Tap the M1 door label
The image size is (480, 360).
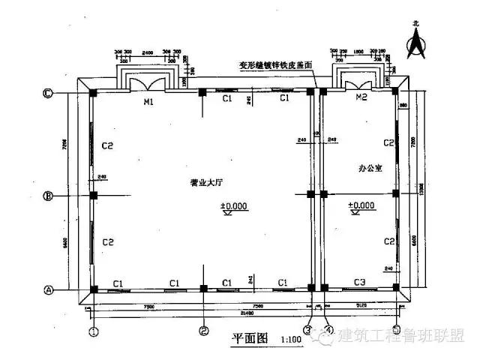pyautogui.click(x=148, y=102)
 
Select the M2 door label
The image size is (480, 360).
pyautogui.click(x=361, y=98)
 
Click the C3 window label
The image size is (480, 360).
pyautogui.click(x=359, y=281)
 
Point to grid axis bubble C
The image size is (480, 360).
pyautogui.click(x=47, y=94)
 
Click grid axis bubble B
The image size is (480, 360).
pyautogui.click(x=47, y=196)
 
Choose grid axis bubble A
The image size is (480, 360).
pyautogui.click(x=47, y=289)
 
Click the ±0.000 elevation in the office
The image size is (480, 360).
pyautogui.click(x=361, y=205)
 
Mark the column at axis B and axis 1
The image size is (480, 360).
pyautogui.click(x=94, y=196)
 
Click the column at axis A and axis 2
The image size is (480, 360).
pyautogui.click(x=203, y=289)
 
